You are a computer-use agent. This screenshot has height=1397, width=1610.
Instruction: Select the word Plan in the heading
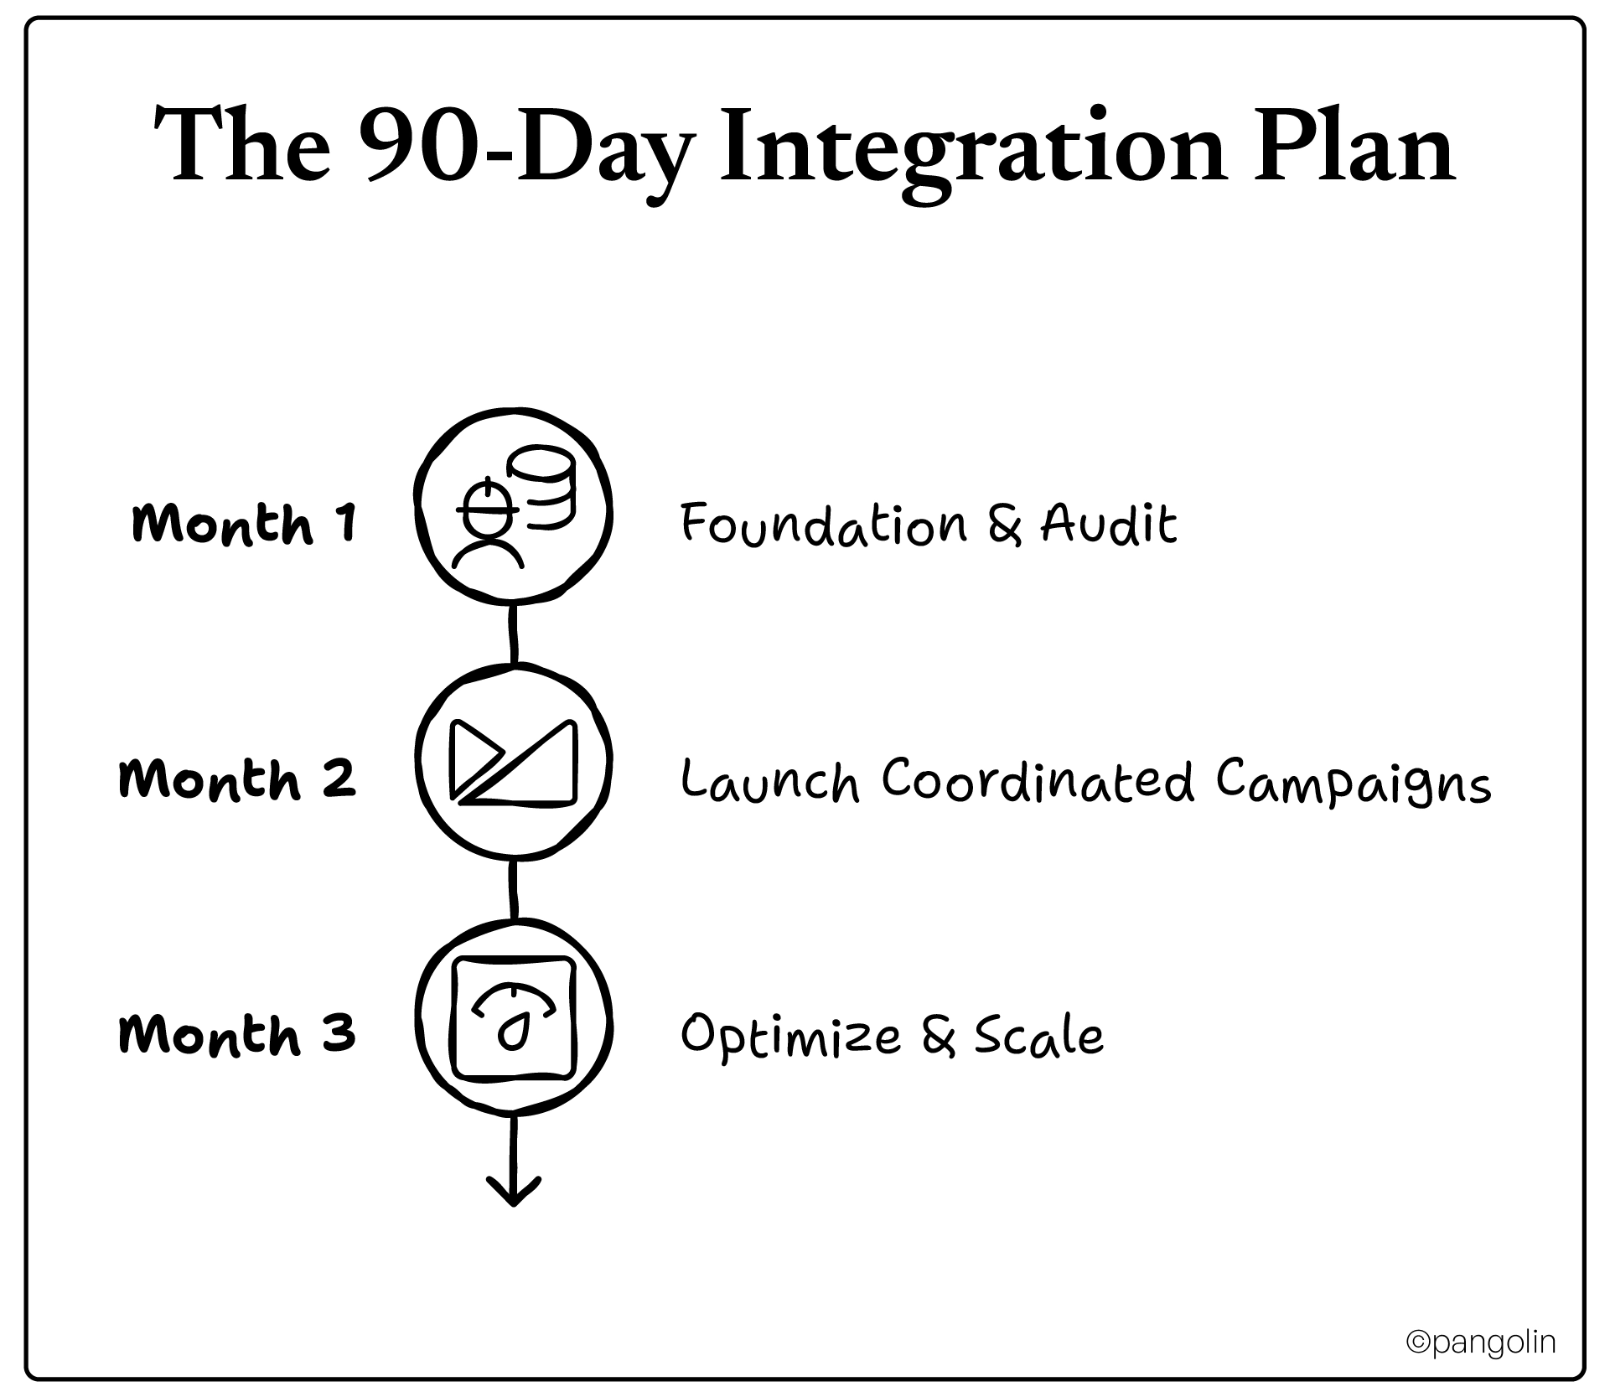click(1354, 147)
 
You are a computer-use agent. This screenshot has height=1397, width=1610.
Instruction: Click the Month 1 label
click(244, 524)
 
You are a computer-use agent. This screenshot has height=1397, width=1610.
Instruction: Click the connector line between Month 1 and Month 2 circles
click(514, 633)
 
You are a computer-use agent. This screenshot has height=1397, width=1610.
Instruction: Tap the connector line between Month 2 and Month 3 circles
click(514, 888)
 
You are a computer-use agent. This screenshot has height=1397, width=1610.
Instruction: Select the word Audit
click(1108, 525)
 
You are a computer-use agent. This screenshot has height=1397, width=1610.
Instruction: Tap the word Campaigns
click(1354, 784)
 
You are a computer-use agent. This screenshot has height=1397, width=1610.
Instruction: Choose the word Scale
click(1038, 1036)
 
